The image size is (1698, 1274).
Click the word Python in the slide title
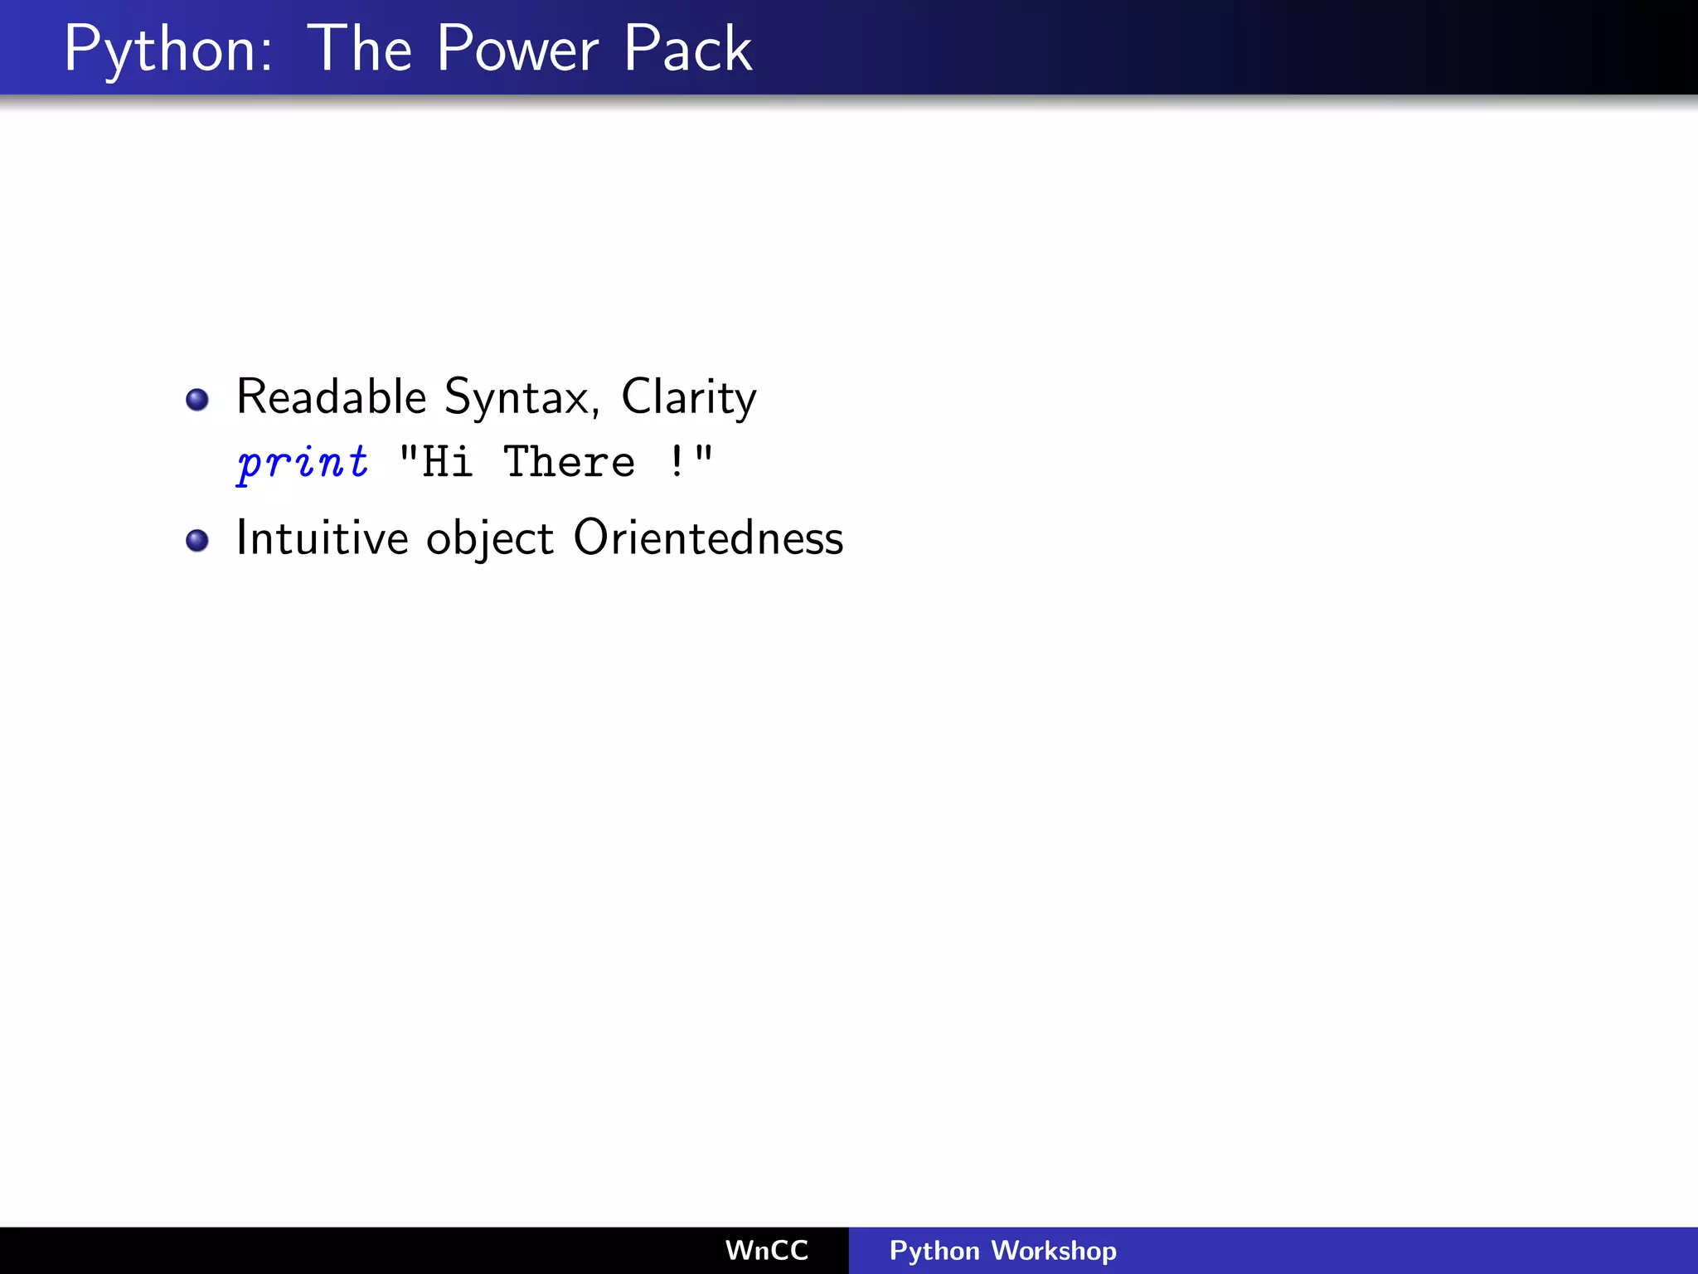pos(167,50)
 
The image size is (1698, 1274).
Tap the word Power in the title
pos(517,50)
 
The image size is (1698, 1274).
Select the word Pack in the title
pos(687,50)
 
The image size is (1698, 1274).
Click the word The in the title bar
pos(360,50)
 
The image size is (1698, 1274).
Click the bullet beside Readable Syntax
pos(197,400)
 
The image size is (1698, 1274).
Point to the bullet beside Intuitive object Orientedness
pos(197,541)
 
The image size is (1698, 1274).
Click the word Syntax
pos(517,398)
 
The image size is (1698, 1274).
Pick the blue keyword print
pos(303,462)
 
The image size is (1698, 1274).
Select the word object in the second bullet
pos(489,539)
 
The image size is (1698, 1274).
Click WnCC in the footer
pos(767,1250)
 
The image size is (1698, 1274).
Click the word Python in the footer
pos(934,1251)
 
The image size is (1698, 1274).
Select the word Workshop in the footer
pos(1054,1250)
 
